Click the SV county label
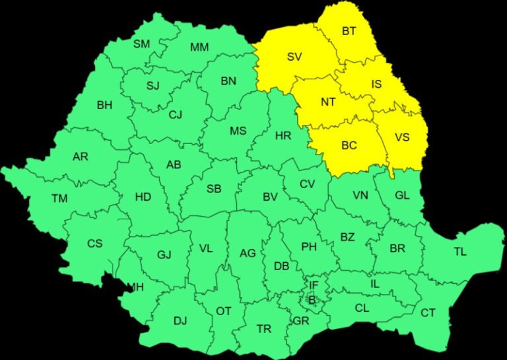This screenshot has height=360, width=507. click(294, 57)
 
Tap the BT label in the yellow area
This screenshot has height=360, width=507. click(349, 31)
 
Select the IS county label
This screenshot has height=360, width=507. click(376, 84)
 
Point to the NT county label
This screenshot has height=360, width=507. click(329, 102)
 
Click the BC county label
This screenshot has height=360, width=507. click(349, 145)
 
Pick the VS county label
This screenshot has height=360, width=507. click(402, 137)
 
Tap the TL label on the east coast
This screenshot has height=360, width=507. click(459, 251)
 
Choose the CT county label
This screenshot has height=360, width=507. click(428, 312)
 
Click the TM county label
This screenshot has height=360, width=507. click(59, 198)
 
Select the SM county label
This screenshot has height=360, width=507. click(142, 44)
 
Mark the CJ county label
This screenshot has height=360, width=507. click(175, 114)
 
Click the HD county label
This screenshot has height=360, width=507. click(143, 196)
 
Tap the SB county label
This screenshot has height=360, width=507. click(214, 188)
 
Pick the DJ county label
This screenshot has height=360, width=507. click(180, 321)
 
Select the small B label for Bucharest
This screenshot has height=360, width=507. click(312, 300)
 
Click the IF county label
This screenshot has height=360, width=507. click(314, 285)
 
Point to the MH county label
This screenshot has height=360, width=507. click(137, 287)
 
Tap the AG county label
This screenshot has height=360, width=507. click(248, 253)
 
